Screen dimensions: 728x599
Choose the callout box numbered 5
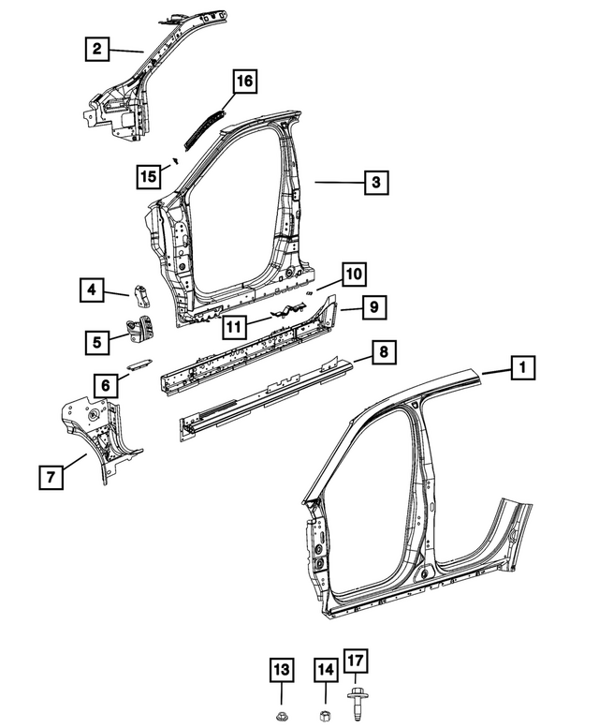[x=97, y=342]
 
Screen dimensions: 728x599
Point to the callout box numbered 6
[x=106, y=383]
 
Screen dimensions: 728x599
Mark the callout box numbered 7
[x=51, y=477]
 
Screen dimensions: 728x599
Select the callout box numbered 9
[x=372, y=306]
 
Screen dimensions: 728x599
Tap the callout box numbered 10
[x=352, y=274]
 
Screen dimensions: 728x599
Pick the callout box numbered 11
[x=235, y=327]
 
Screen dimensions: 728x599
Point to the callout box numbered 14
[x=325, y=669]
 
